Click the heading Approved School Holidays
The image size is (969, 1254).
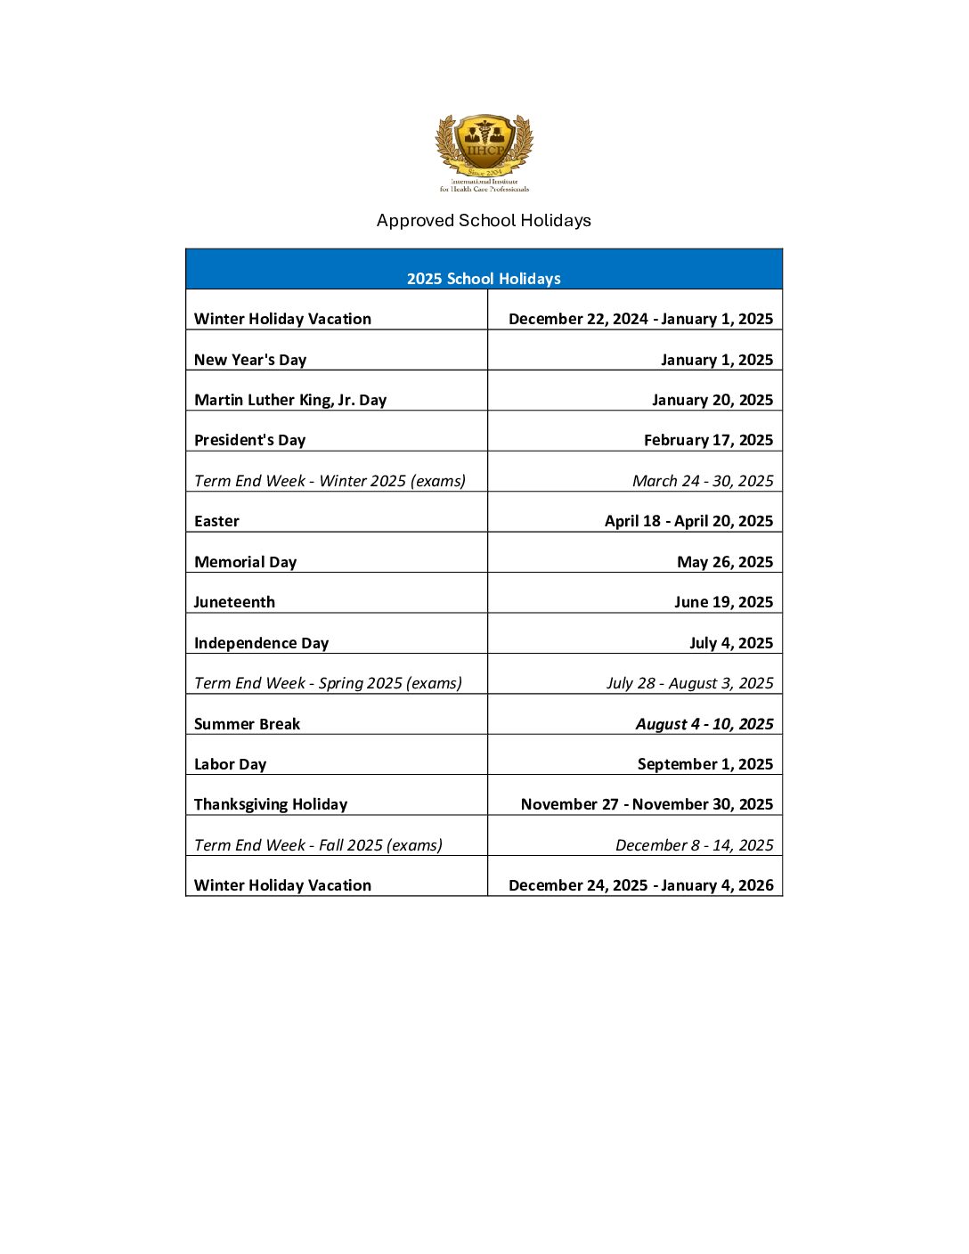[484, 220]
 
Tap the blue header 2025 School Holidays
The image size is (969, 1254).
[484, 279]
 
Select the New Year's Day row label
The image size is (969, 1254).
[250, 360]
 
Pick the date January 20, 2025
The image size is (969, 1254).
[712, 400]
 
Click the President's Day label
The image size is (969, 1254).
[249, 440]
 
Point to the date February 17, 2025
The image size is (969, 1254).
[708, 440]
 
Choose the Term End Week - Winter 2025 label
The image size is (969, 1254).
[330, 481]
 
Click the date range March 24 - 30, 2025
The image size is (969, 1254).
[703, 481]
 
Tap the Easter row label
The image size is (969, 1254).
[216, 521]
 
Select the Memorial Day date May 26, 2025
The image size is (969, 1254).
[724, 562]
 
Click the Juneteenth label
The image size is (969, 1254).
[234, 602]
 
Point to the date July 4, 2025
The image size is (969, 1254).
[730, 643]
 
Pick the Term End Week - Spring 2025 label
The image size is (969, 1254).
[328, 683]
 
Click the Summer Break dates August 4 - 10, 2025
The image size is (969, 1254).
[704, 724]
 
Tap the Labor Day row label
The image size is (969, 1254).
[230, 764]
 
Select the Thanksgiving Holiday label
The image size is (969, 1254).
[271, 804]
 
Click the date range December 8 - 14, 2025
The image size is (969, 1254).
[694, 845]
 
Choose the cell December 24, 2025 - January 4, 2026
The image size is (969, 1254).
[640, 885]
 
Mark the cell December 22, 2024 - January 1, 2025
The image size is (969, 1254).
[640, 319]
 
